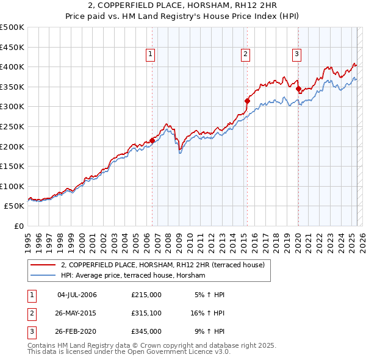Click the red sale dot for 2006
click(152, 140)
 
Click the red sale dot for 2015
click(247, 101)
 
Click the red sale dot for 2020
click(298, 88)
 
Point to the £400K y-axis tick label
click(12, 67)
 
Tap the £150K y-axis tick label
click(12, 166)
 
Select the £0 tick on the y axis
click(20, 226)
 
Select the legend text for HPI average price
click(133, 276)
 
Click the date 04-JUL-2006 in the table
click(77, 295)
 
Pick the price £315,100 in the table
click(146, 313)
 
